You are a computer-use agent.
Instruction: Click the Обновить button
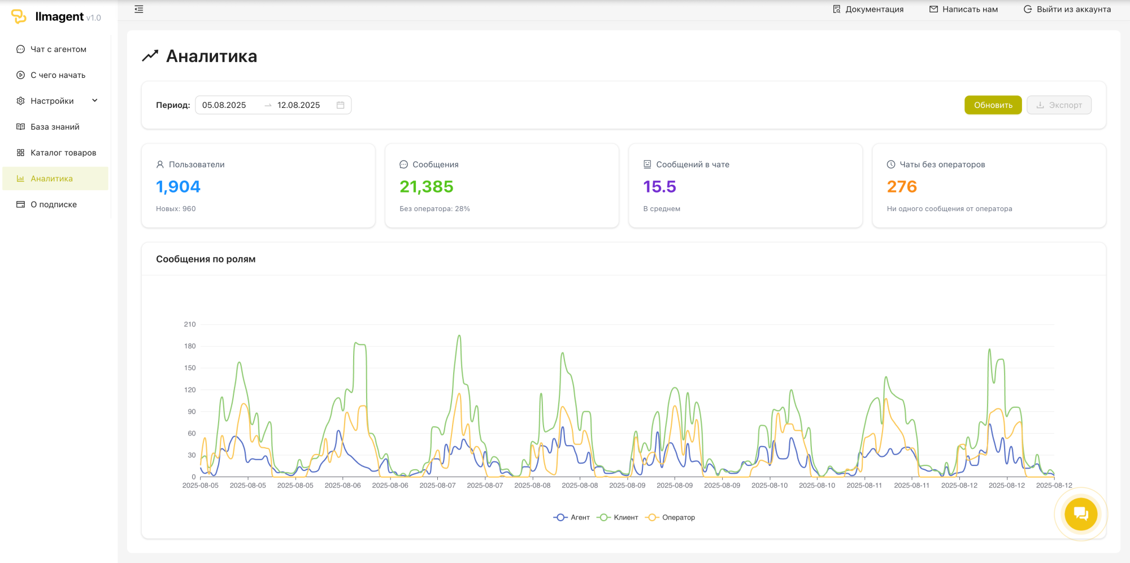coord(993,105)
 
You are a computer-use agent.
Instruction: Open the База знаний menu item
coord(55,127)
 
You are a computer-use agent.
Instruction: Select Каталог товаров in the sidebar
coord(63,153)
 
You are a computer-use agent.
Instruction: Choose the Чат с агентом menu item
coord(58,50)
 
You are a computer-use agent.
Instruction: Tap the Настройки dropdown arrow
coord(95,101)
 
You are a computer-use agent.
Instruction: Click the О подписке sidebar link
coord(54,204)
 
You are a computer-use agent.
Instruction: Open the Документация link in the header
coord(868,9)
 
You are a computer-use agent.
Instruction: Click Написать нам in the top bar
coord(964,9)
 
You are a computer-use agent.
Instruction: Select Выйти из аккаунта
coord(1067,9)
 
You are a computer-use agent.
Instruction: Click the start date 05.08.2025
coord(224,105)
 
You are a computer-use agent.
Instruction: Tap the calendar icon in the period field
coord(340,105)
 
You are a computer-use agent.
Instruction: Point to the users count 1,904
coord(178,187)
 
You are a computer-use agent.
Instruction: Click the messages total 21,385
coord(427,187)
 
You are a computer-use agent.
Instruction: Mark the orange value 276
coord(902,187)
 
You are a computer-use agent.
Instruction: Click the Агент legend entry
coord(572,517)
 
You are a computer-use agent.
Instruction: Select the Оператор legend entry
coord(670,517)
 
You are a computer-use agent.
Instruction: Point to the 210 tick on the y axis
coord(190,324)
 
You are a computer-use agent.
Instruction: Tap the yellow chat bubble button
coord(1081,514)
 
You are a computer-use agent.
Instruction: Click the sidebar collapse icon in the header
coord(139,9)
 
